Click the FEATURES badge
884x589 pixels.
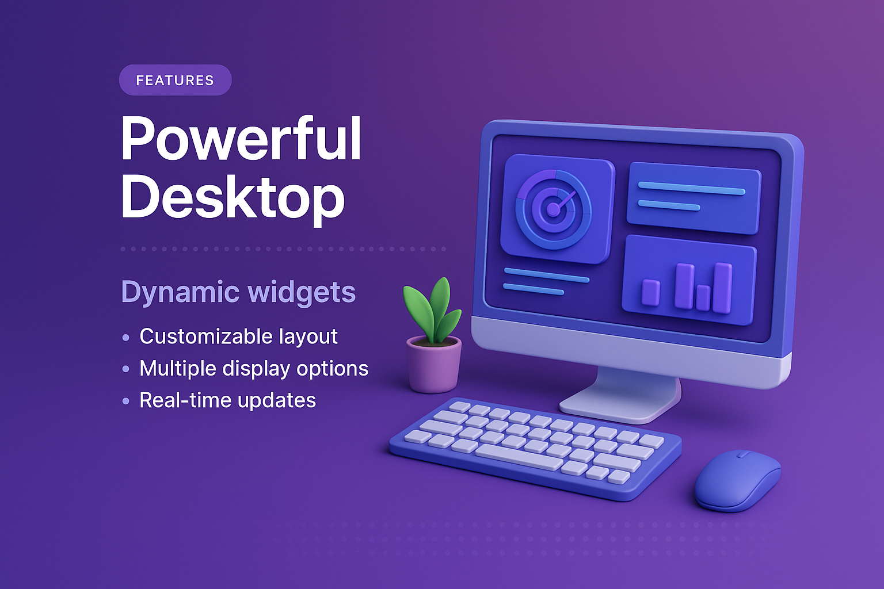[x=175, y=80]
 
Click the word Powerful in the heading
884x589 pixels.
[x=241, y=139]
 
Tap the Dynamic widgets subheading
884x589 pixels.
[x=238, y=292]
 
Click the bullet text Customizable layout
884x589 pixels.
[x=238, y=336]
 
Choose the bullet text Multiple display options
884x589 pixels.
[x=254, y=368]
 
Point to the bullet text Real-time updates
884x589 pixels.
[x=227, y=400]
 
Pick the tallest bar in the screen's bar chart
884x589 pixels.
[x=722, y=288]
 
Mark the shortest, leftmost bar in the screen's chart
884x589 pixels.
[x=650, y=292]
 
